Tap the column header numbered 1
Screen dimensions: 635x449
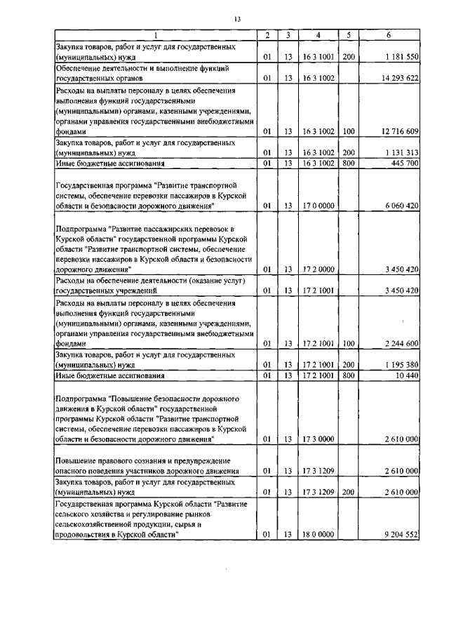[x=155, y=35]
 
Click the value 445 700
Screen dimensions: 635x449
[x=403, y=163]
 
